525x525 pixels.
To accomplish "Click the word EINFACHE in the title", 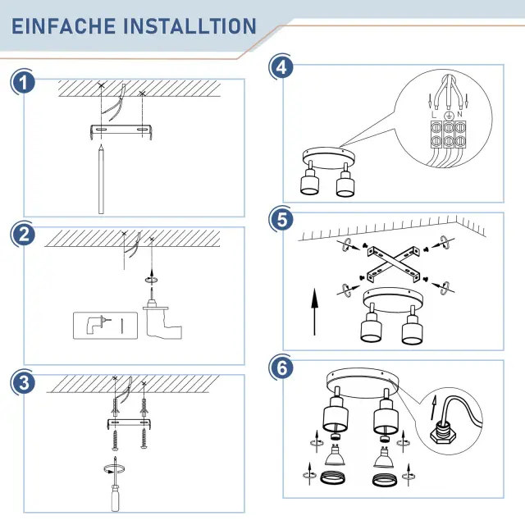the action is [x=64, y=26].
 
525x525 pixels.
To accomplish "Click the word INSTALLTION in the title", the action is [x=189, y=26].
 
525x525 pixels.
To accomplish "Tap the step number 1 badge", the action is [x=23, y=83].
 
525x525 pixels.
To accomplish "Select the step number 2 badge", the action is [x=23, y=235].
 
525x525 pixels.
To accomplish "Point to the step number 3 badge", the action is [x=23, y=382].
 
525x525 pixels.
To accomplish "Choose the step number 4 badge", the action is [x=282, y=67].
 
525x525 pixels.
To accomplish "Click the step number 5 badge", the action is [x=282, y=220].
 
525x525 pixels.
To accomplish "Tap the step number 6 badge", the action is [x=282, y=367].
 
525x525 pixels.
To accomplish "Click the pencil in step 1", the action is [x=101, y=179].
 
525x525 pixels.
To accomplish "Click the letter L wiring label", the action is [x=434, y=115].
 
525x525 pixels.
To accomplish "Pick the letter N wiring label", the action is [x=459, y=114].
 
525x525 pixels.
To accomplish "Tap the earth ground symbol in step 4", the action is [x=448, y=116].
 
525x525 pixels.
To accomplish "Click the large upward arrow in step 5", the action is [x=314, y=311].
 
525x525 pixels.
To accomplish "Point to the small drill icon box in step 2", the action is [x=105, y=326].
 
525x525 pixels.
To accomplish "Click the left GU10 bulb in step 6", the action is [x=335, y=454].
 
